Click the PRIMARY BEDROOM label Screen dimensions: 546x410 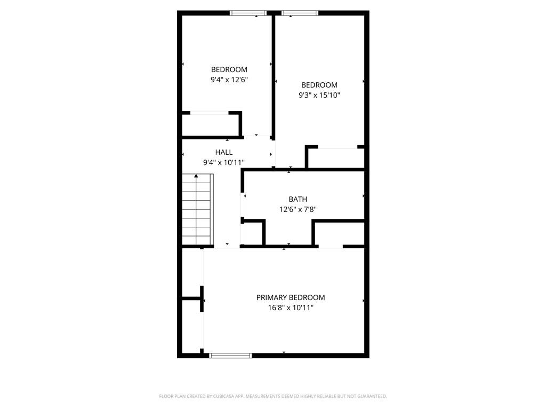pyautogui.click(x=291, y=297)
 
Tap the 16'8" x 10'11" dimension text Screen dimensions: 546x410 pyautogui.click(x=291, y=307)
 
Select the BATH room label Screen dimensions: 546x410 pyautogui.click(x=298, y=199)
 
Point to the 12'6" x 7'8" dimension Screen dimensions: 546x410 pyautogui.click(x=298, y=209)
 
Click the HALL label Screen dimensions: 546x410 pyautogui.click(x=224, y=152)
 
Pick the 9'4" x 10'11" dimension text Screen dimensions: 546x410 pyautogui.click(x=224, y=162)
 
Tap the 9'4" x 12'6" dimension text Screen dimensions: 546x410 pyautogui.click(x=229, y=80)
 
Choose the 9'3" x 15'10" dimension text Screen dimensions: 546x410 pyautogui.click(x=319, y=95)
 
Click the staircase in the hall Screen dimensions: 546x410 pyautogui.click(x=197, y=209)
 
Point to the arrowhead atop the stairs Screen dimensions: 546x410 pyautogui.click(x=196, y=176)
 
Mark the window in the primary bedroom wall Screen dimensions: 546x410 pyautogui.click(x=230, y=356)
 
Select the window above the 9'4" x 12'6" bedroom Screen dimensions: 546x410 pyautogui.click(x=248, y=13)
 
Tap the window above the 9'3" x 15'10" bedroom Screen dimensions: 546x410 pyautogui.click(x=300, y=13)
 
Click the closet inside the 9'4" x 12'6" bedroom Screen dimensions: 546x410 pyautogui.click(x=211, y=124)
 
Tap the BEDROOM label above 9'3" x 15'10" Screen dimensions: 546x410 pyautogui.click(x=319, y=85)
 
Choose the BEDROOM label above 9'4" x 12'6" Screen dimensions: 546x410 pyautogui.click(x=229, y=69)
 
